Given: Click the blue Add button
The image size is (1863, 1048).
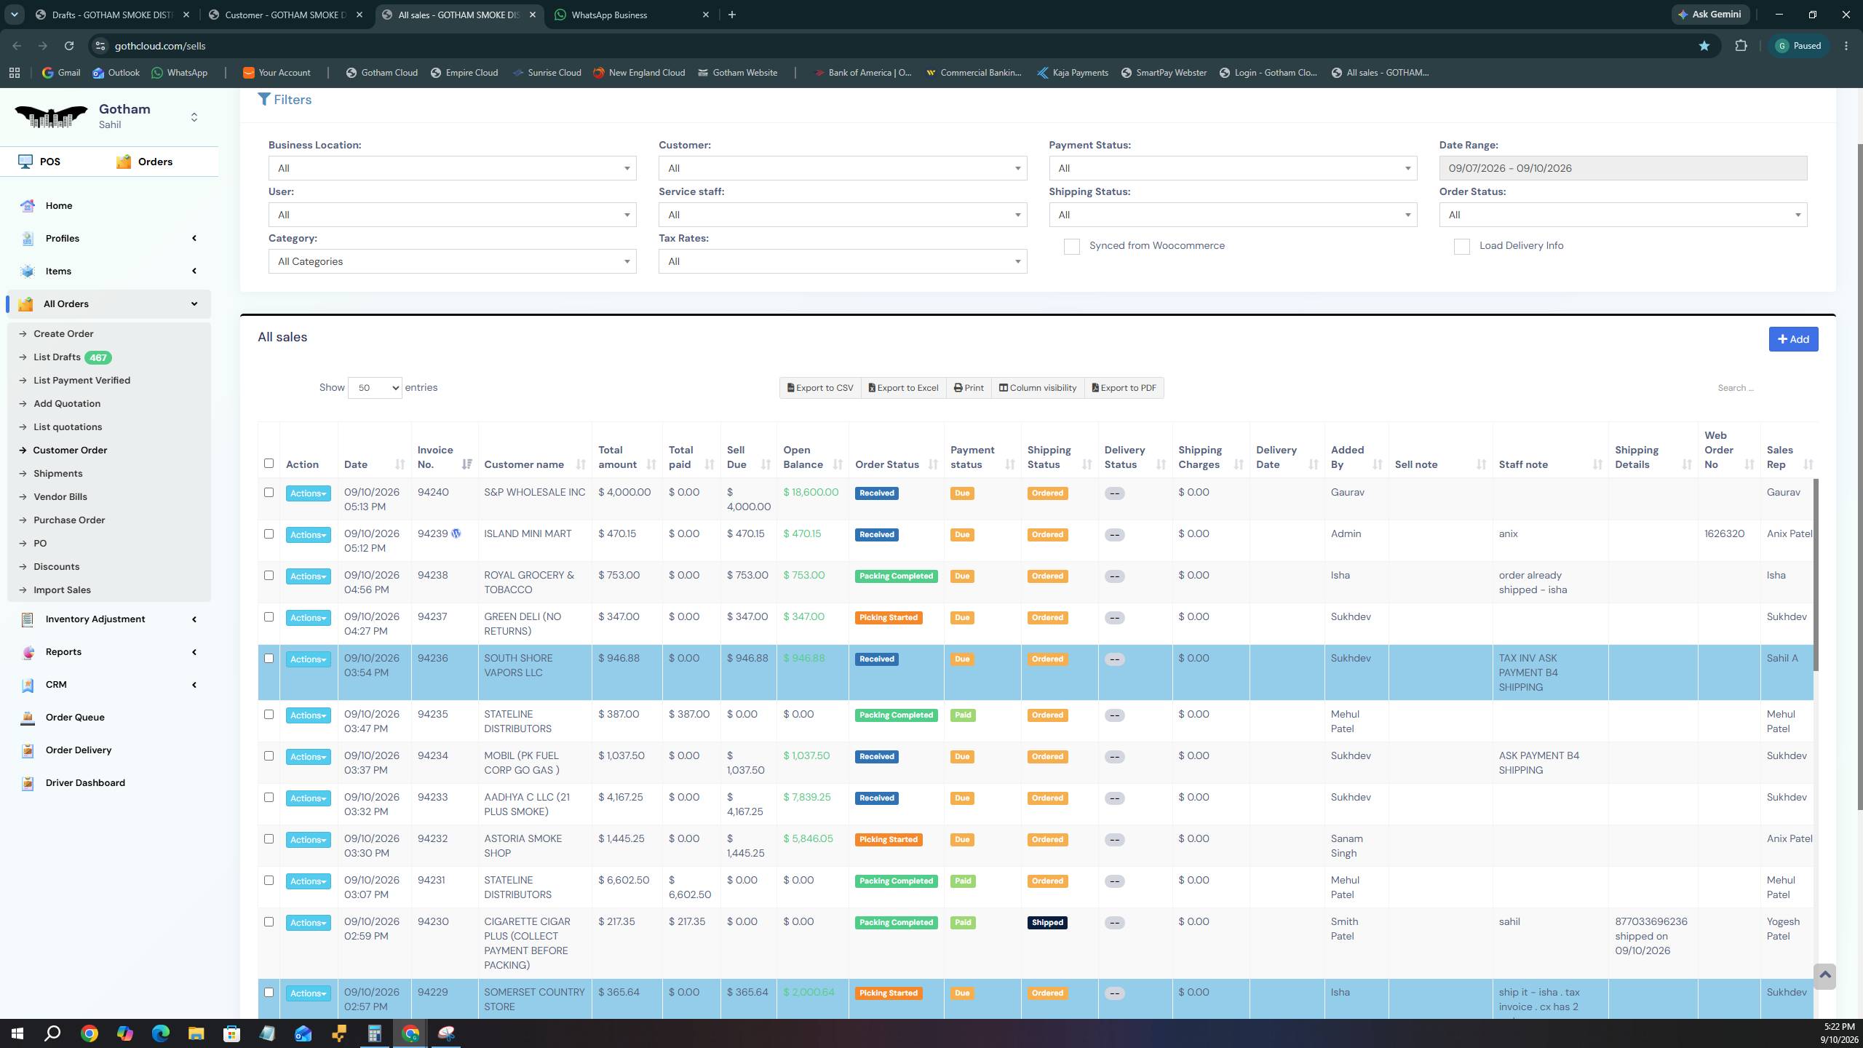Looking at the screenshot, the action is click(x=1793, y=339).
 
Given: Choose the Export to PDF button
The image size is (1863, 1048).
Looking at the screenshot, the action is click(x=1124, y=388).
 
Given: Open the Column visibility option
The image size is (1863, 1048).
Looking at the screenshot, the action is click(x=1038, y=388).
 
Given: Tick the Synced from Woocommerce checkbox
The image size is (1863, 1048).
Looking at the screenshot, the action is click(x=1071, y=247).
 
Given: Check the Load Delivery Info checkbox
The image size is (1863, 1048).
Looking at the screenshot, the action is click(x=1461, y=247).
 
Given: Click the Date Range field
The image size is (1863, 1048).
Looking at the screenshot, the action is click(x=1623, y=168).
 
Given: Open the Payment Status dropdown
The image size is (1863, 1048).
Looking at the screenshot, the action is click(x=1233, y=168).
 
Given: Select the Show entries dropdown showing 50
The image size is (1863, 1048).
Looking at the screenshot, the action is click(x=375, y=388).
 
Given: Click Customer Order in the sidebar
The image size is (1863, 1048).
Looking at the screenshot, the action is click(x=70, y=450).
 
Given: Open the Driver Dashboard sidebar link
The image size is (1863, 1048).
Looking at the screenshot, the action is click(x=85, y=783).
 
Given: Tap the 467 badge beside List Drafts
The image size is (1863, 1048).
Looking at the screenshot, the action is click(x=98, y=357).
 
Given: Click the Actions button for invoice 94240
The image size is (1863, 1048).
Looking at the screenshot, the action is click(x=308, y=493).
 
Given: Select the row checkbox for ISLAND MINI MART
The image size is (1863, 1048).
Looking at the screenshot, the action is click(x=269, y=534).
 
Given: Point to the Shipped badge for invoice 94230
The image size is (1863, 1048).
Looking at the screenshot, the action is click(x=1047, y=923).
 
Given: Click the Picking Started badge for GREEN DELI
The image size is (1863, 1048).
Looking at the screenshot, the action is click(x=888, y=618).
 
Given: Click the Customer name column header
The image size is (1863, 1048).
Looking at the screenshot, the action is click(x=524, y=465).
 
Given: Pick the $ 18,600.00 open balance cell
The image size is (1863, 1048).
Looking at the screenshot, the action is click(x=811, y=493).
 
